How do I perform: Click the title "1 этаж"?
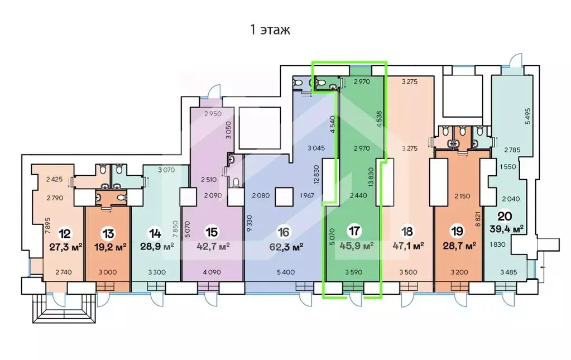point(270,30)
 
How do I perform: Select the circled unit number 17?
point(354,231)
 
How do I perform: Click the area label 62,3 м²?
point(286,247)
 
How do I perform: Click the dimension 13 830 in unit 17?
point(371,177)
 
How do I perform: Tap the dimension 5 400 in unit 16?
point(286,272)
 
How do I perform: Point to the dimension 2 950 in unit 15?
point(213,113)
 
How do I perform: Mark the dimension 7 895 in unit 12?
point(47,225)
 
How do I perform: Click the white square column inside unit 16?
point(284,197)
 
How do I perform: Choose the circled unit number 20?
point(505,216)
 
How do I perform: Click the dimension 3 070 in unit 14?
point(166,170)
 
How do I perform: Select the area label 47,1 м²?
point(408,246)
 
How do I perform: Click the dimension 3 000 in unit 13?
point(108,272)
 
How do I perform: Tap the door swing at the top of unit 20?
point(516,60)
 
